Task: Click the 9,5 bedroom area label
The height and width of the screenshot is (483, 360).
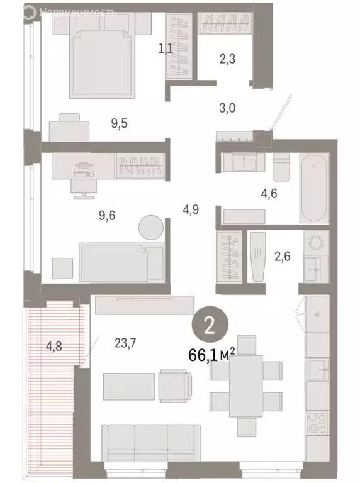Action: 120,123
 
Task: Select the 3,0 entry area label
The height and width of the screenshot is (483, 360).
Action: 227,108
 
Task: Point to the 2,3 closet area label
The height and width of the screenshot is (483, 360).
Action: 228,60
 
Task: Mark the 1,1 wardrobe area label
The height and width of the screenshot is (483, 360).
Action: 166,48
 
